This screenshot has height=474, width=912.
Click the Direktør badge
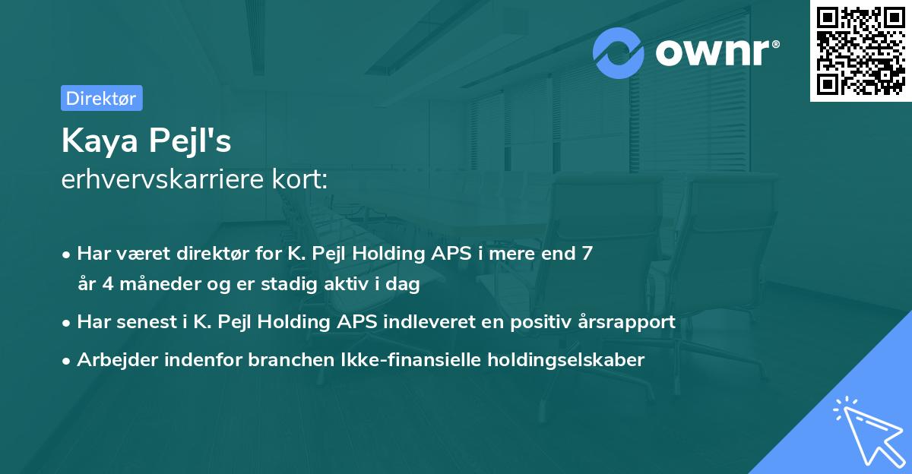[101, 98]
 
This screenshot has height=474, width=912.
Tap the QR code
[860, 50]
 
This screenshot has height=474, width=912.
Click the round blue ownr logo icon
[619, 53]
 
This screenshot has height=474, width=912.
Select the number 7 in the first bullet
[586, 254]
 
